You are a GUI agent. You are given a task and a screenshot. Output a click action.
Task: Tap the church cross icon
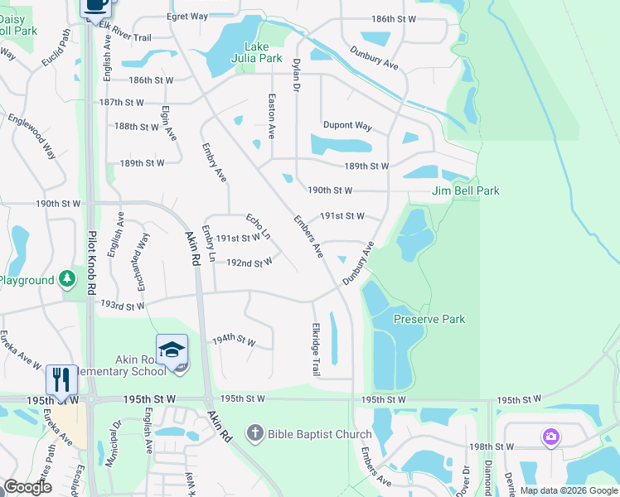tap(255, 433)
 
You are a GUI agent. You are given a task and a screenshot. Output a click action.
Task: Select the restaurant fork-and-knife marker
tap(61, 379)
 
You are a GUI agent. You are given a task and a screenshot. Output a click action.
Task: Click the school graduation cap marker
tap(172, 350)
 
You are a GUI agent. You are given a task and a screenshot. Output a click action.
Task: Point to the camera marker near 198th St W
tap(550, 437)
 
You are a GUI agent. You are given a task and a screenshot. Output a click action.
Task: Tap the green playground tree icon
tap(66, 280)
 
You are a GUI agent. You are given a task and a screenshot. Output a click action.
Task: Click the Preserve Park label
tap(429, 319)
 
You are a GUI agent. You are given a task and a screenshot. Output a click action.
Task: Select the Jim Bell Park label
tap(466, 191)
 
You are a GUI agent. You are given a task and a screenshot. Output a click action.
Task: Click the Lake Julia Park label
tap(263, 52)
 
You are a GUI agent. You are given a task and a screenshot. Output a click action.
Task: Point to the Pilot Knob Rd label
tap(91, 261)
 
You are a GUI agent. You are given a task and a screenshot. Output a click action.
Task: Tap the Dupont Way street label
tap(346, 126)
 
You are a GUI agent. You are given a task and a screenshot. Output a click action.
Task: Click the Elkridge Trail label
tap(315, 349)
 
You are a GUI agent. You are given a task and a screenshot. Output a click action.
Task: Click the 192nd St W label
tap(249, 263)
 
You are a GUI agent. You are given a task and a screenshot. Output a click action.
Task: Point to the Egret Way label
tap(186, 16)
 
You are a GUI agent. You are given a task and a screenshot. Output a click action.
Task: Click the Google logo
tap(27, 487)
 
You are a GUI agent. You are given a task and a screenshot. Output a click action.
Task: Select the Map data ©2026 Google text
tap(568, 490)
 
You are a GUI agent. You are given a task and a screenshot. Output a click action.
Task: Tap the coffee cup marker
tap(96, 5)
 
